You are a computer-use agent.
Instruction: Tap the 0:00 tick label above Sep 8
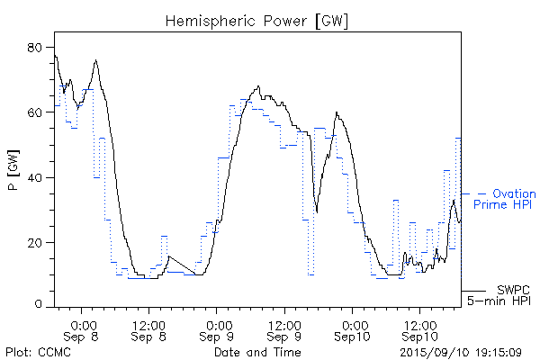click(83, 323)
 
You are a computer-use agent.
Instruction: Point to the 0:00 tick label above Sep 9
click(218, 323)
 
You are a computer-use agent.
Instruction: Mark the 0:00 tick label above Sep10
click(353, 323)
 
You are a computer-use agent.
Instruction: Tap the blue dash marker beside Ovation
click(481, 193)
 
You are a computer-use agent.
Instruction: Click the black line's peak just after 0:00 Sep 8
click(94, 60)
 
